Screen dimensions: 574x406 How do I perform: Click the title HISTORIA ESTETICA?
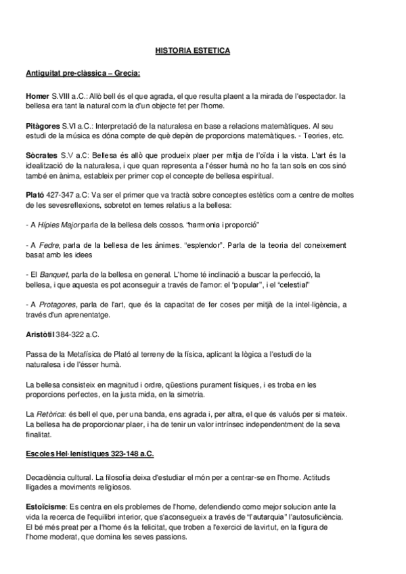[192, 50]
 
